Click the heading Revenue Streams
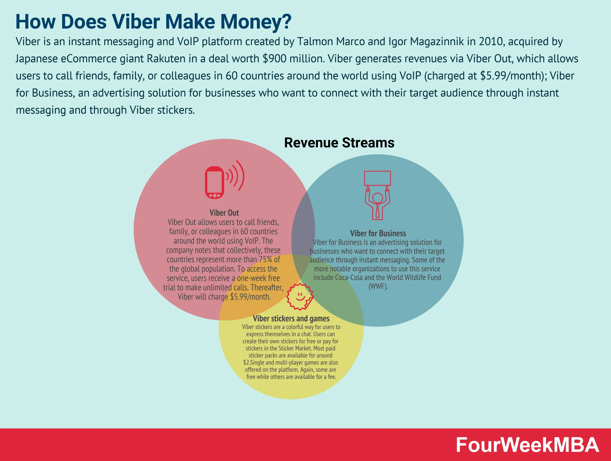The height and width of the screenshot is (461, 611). point(339,143)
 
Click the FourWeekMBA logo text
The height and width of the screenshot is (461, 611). point(527,445)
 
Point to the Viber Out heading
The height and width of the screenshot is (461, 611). point(224,213)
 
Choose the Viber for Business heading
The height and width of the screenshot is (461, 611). point(378,233)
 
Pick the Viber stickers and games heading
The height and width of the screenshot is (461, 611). point(291,318)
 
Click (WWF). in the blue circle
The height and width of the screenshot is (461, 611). point(378,286)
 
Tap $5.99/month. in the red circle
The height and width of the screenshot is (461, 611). point(250,297)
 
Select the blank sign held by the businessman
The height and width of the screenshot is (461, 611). point(377,178)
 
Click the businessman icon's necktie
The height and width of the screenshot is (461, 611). point(377,212)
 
